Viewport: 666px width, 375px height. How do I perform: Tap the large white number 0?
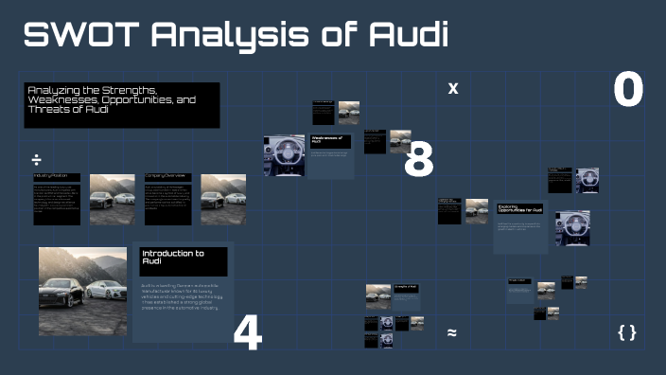click(627, 91)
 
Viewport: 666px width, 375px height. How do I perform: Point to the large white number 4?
click(247, 332)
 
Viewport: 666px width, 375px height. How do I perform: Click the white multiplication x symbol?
click(453, 88)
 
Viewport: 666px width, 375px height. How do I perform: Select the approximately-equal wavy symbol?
click(452, 332)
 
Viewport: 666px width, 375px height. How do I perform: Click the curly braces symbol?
click(626, 332)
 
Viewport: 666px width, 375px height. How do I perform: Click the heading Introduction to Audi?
click(183, 259)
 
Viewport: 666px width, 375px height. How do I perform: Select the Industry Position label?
click(51, 176)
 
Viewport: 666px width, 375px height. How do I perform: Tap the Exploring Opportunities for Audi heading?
click(520, 208)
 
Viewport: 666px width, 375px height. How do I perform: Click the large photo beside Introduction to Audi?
click(82, 291)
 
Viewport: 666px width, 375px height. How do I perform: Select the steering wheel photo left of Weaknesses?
click(284, 156)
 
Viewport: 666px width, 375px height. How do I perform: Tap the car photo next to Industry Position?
click(113, 199)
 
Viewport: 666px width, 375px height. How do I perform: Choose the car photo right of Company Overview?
click(223, 199)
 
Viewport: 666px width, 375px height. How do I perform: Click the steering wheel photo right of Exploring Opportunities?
click(572, 228)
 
